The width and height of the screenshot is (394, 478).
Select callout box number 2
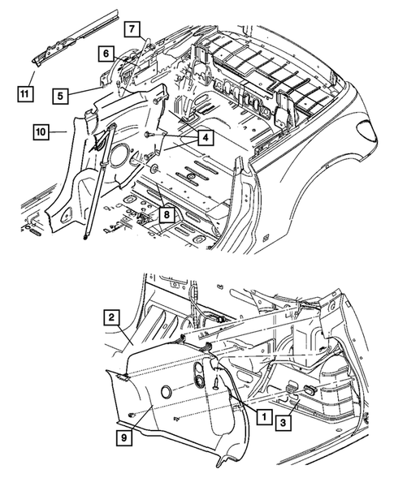tap(111, 317)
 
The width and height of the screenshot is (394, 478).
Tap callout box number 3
tap(284, 423)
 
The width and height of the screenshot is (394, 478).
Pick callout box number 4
tap(206, 138)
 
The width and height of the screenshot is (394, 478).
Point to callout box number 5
tap(60, 96)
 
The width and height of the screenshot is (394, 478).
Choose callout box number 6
tap(106, 54)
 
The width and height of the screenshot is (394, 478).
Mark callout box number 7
tap(132, 29)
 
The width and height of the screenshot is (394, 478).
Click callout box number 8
tap(167, 215)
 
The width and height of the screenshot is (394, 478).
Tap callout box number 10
tap(41, 132)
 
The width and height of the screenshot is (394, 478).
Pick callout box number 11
tap(24, 93)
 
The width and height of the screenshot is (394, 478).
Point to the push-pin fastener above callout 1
tap(216, 381)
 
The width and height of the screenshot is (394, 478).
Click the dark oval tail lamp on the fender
tap(367, 130)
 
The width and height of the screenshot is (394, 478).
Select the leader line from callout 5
tap(85, 92)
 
